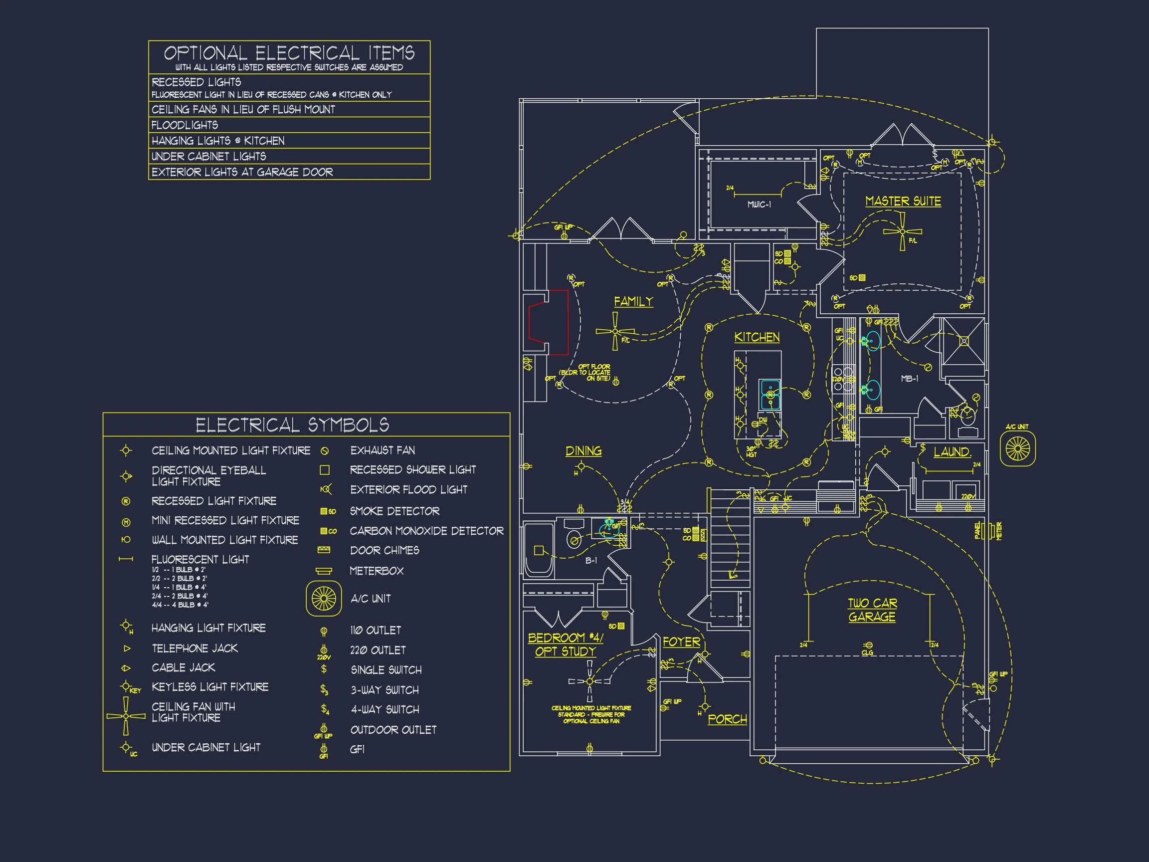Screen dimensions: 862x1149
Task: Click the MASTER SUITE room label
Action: pos(903,201)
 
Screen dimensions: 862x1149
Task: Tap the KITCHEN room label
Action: pos(757,337)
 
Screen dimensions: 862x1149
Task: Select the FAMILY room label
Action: pos(633,301)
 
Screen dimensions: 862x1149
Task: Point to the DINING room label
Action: pos(583,450)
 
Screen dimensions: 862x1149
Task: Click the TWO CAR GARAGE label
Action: pos(872,610)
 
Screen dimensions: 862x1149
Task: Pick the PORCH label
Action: pos(727,719)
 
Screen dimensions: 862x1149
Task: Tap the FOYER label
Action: pos(682,642)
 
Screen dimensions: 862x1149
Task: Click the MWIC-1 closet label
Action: pos(759,205)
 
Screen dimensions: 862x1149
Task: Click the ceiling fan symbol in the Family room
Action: pos(615,331)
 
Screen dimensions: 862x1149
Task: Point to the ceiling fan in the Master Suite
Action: pos(902,232)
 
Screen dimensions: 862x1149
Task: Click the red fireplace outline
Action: pos(549,322)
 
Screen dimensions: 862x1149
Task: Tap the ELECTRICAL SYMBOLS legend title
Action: pos(292,425)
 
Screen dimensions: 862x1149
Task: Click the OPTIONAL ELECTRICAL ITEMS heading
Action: pos(289,53)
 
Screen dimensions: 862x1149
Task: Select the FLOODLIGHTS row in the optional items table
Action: pos(185,125)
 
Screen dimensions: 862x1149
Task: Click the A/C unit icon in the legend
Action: pos(324,599)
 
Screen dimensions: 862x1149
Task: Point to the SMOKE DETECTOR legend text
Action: pos(395,511)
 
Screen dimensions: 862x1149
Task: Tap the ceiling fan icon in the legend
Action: pos(126,716)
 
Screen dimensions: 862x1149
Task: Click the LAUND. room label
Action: pos(952,452)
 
